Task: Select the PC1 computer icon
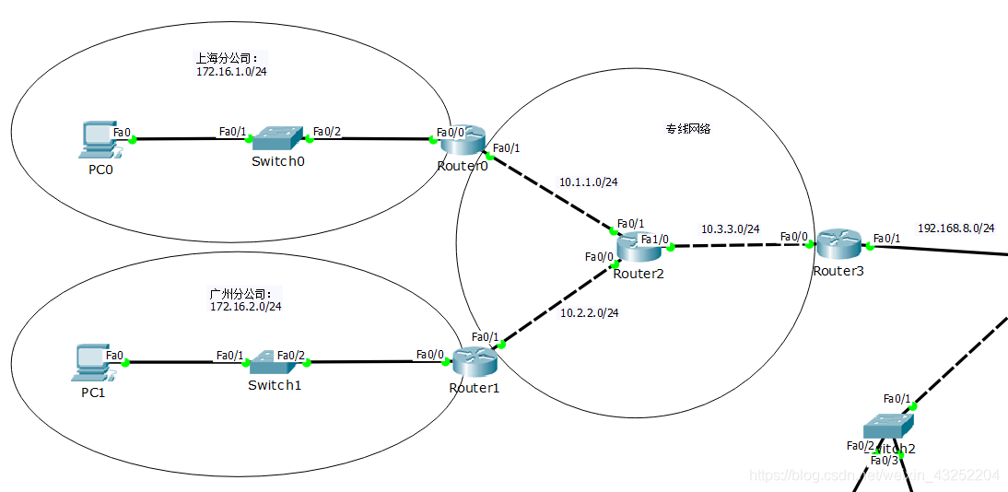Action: pyautogui.click(x=93, y=362)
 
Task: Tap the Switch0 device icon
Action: pyautogui.click(x=276, y=139)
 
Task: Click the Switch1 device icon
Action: pyautogui.click(x=274, y=361)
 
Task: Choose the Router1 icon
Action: pyautogui.click(x=475, y=361)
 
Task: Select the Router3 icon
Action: pyautogui.click(x=838, y=243)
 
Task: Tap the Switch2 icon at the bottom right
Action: pyautogui.click(x=888, y=427)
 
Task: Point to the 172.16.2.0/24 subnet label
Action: pyautogui.click(x=245, y=306)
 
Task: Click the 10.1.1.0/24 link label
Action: pyautogui.click(x=588, y=182)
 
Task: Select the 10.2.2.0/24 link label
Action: pyautogui.click(x=589, y=313)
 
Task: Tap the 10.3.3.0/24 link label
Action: pyautogui.click(x=730, y=228)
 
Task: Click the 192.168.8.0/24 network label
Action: pyautogui.click(x=955, y=228)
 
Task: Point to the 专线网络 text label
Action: pyautogui.click(x=688, y=129)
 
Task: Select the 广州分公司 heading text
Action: pyautogui.click(x=240, y=294)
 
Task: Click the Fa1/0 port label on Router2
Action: pyautogui.click(x=654, y=240)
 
